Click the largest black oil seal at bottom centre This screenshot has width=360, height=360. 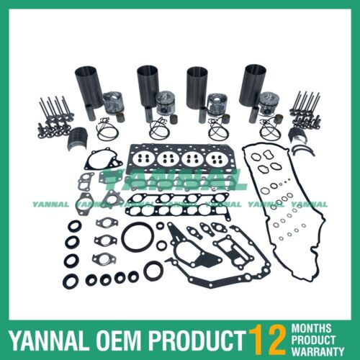tap(153, 271)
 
